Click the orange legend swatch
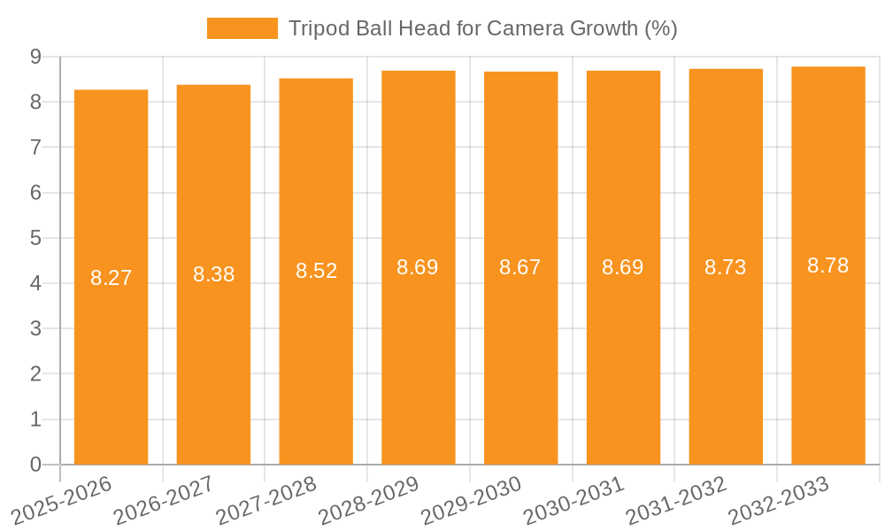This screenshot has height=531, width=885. click(x=242, y=28)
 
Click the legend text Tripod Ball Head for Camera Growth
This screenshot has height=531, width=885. click(x=482, y=28)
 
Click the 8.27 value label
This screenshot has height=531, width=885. click(x=111, y=278)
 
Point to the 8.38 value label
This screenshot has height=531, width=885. click(x=213, y=274)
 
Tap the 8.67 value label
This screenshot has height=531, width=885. click(x=520, y=267)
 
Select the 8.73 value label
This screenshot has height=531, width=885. click(x=726, y=267)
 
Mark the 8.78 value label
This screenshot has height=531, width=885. click(x=828, y=265)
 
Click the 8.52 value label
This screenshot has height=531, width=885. click(x=316, y=271)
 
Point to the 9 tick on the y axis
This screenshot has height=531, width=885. click(x=35, y=57)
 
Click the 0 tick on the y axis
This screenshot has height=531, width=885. click(x=35, y=465)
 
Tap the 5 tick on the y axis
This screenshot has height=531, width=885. click(x=35, y=238)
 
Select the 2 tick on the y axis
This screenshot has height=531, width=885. click(x=35, y=374)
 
